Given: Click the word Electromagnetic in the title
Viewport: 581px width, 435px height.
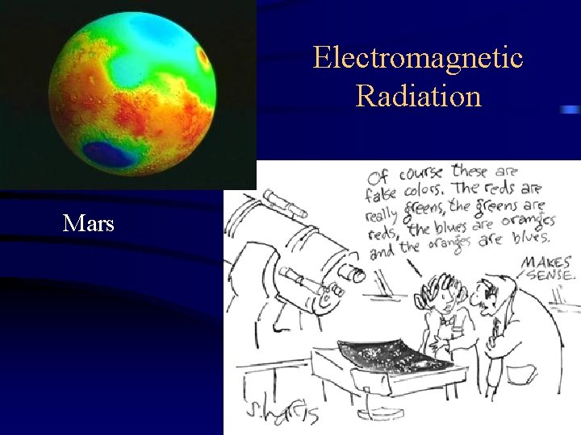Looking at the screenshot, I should (x=418, y=58).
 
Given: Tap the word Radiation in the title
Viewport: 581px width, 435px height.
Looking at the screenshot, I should (x=418, y=97).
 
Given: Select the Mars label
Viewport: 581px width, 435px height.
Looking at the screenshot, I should (x=89, y=223).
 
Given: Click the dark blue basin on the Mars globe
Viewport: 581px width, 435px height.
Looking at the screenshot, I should (x=110, y=153).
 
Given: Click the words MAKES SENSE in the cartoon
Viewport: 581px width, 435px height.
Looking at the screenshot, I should (x=548, y=268).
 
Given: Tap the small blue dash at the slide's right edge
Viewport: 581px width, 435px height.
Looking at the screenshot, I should (x=571, y=110).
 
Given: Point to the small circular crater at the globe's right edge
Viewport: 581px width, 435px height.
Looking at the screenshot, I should (x=203, y=58).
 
